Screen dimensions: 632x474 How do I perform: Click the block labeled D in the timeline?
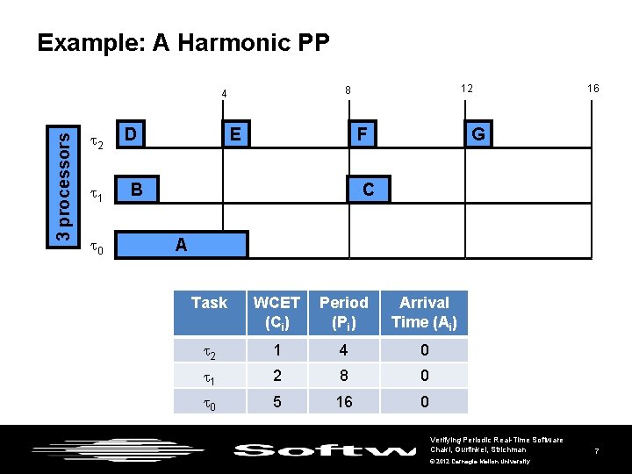(x=131, y=134)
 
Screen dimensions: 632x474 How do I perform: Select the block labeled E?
(x=235, y=134)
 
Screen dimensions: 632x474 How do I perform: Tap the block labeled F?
(x=359, y=134)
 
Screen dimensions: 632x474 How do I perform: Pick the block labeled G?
(x=478, y=134)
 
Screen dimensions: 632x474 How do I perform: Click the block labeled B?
(x=136, y=190)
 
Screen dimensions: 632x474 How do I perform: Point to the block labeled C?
(x=368, y=190)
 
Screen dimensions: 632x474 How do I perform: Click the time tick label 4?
(x=224, y=94)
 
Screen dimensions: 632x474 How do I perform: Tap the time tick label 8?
(x=348, y=90)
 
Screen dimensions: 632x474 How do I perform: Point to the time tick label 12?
(x=467, y=89)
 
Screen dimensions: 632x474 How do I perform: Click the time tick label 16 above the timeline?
(x=593, y=89)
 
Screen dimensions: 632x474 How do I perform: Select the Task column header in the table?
(x=209, y=303)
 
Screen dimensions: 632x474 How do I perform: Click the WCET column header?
(x=276, y=312)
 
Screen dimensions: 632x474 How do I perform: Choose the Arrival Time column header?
(x=424, y=312)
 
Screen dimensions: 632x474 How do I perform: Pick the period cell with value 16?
(x=343, y=401)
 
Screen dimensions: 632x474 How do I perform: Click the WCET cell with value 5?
(x=276, y=401)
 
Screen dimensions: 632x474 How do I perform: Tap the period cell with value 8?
(x=343, y=376)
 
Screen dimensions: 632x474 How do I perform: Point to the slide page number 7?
(x=596, y=451)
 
